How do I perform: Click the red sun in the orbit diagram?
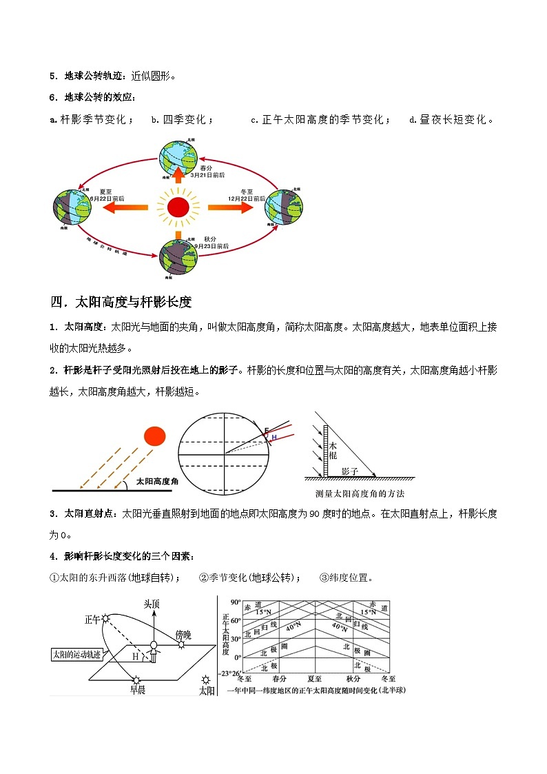[x=178, y=206]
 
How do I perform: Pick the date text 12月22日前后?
[x=247, y=198]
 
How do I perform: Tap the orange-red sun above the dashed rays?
[x=154, y=436]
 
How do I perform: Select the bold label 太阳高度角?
[x=157, y=482]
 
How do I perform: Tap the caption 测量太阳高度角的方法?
[x=359, y=493]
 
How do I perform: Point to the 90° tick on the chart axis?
[x=235, y=600]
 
